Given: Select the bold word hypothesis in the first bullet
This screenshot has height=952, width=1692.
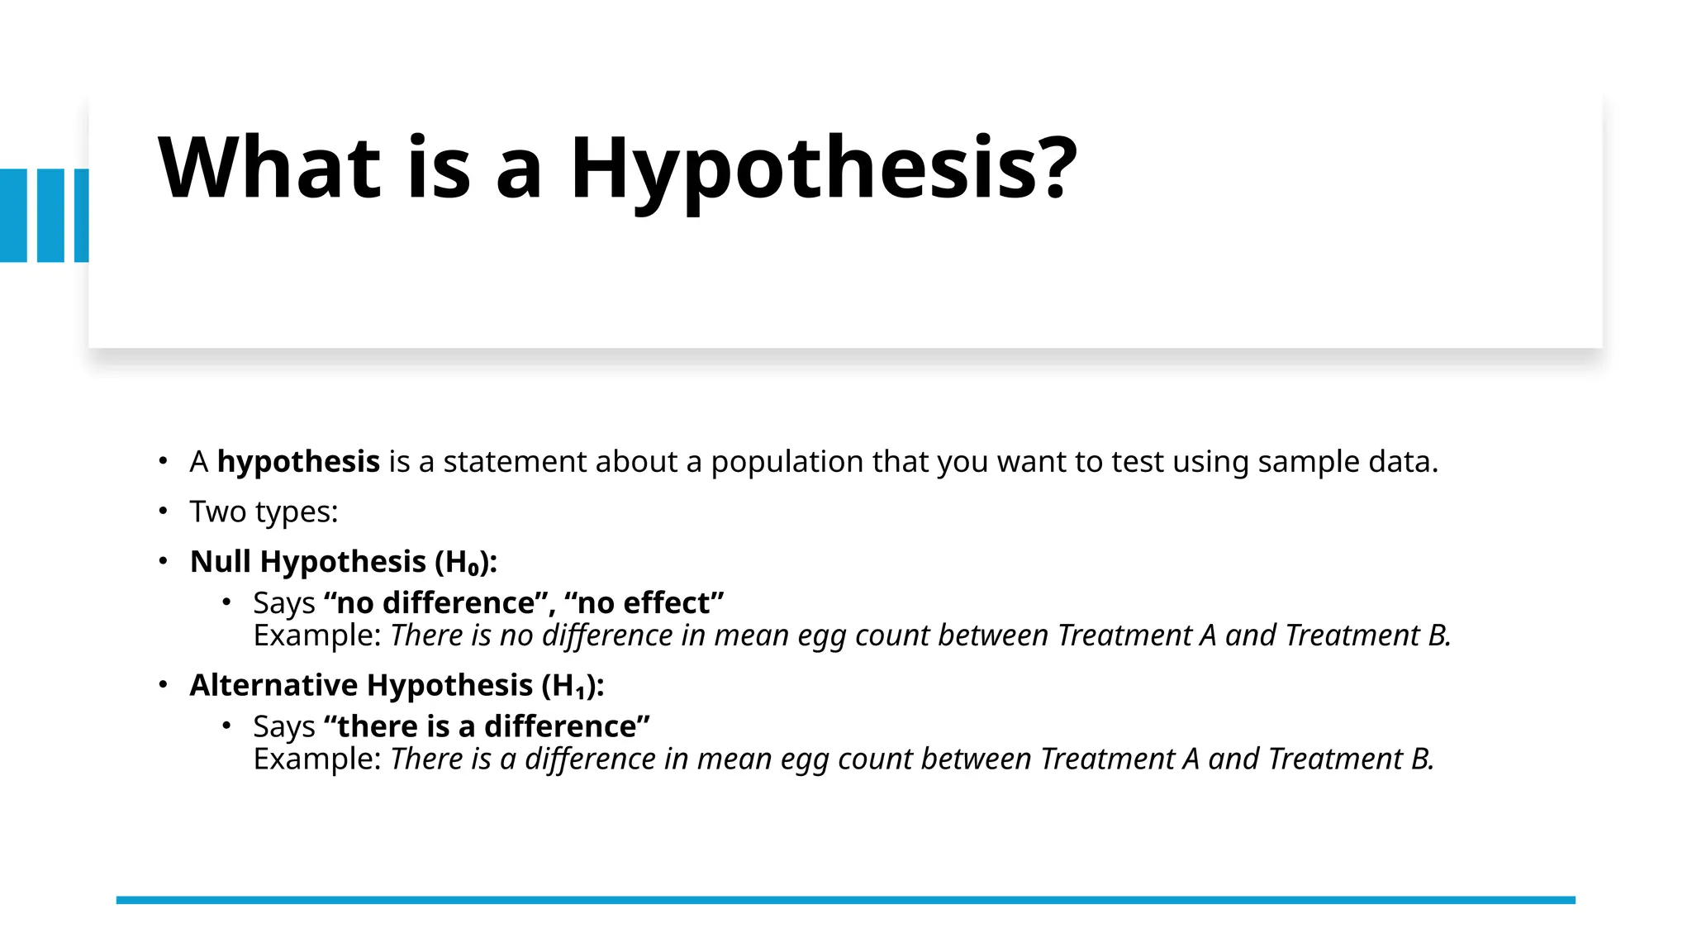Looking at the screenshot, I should [x=298, y=462].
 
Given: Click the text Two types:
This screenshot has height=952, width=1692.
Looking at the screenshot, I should [x=264, y=512].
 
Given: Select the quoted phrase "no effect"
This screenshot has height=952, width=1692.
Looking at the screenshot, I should [x=644, y=603].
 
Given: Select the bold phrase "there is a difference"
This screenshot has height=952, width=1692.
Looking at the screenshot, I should [x=487, y=726].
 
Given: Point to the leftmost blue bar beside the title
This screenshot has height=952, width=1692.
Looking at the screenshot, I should [x=13, y=216].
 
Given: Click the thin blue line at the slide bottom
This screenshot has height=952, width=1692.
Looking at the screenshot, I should [x=845, y=900].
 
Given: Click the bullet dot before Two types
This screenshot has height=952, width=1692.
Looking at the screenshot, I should [x=164, y=512].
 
